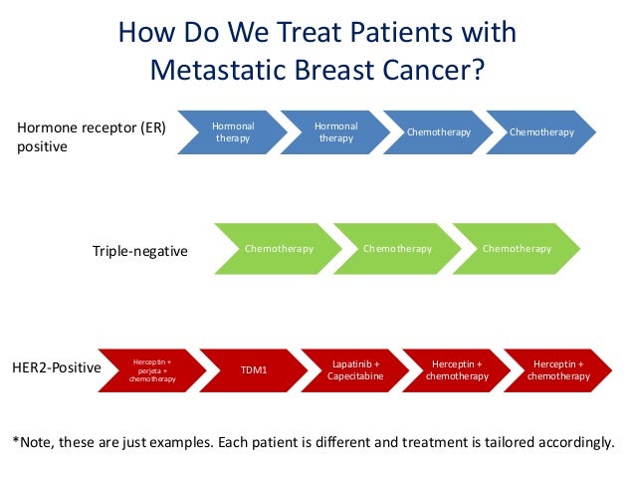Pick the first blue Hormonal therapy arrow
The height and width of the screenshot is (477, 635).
click(233, 132)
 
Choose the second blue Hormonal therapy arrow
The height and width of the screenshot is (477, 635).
click(335, 132)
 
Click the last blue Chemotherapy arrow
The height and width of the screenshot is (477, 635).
click(542, 132)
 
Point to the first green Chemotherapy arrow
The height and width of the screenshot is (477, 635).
click(278, 249)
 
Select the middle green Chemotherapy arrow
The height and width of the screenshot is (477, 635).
click(397, 249)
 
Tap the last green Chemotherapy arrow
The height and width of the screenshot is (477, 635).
click(517, 249)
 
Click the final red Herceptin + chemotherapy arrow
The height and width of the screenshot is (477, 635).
click(558, 370)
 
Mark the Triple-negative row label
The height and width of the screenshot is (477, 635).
click(139, 252)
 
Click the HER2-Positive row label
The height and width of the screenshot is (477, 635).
click(58, 367)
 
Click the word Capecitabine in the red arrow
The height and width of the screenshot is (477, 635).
click(355, 377)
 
